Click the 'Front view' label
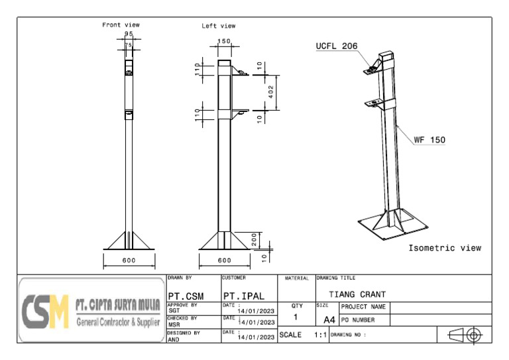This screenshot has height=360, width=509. [121, 25]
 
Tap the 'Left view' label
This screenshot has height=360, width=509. [219, 26]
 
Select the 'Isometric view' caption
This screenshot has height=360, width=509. [445, 248]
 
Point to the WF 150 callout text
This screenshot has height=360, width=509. [429, 140]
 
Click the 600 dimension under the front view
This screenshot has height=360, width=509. [129, 260]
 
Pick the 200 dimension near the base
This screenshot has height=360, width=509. [254, 239]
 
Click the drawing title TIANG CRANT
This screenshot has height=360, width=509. [357, 294]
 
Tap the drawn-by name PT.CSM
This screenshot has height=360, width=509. [186, 295]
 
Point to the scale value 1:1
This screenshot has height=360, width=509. [321, 335]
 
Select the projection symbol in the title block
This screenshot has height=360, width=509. [465, 335]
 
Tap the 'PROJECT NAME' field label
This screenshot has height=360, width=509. [364, 307]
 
